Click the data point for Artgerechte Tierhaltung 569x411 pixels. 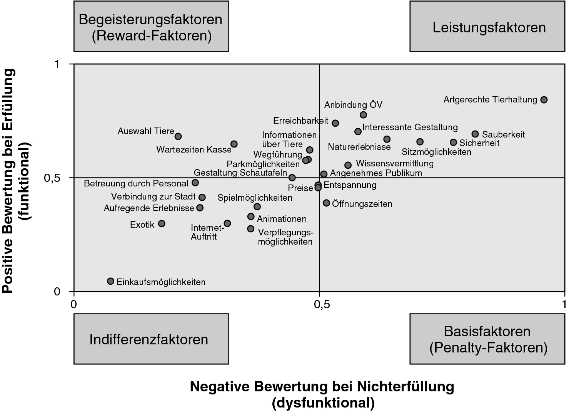(x=544, y=100)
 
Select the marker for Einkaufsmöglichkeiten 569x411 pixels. (x=110, y=281)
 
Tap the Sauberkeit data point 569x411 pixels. (x=475, y=134)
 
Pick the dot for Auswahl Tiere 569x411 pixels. (x=178, y=136)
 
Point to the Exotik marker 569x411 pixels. (x=162, y=223)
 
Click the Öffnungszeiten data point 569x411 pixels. (x=326, y=203)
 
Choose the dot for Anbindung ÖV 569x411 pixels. (x=363, y=115)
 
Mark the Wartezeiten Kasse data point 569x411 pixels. (x=234, y=144)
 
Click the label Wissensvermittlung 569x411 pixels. (x=395, y=163)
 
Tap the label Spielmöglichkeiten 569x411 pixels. (x=255, y=198)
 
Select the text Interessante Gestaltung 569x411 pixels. (x=410, y=127)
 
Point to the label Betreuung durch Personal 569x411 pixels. (x=136, y=183)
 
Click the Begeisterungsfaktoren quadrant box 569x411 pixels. (x=151, y=27)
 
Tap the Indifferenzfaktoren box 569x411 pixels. (x=151, y=339)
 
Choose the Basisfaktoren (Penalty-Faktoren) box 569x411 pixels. (x=487, y=339)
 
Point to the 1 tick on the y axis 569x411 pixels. (x=57, y=64)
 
